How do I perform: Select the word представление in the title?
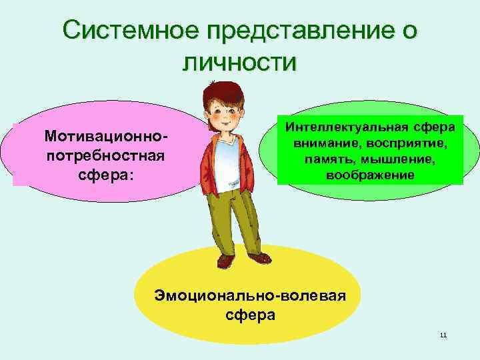(x=297, y=31)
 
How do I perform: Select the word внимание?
(x=319, y=144)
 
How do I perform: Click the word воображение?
(x=370, y=175)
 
